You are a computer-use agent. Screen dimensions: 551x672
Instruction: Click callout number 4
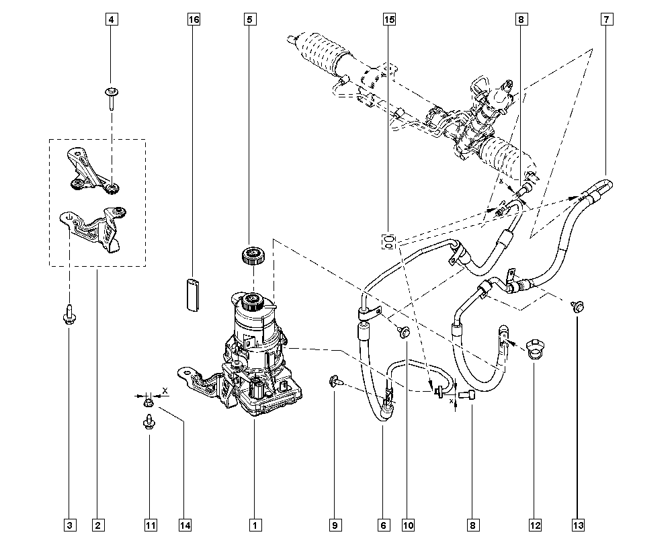click(x=112, y=19)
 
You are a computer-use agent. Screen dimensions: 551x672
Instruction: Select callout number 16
click(x=194, y=19)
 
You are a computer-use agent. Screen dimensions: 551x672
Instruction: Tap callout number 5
click(x=249, y=19)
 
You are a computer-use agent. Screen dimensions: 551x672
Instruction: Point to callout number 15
click(x=389, y=19)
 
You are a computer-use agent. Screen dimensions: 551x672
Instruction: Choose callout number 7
click(x=606, y=19)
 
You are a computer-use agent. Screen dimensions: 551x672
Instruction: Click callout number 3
click(x=69, y=524)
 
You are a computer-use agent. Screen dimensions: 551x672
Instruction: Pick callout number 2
click(x=98, y=524)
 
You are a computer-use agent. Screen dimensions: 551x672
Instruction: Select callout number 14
click(x=182, y=524)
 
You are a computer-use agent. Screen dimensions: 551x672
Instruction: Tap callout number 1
click(x=254, y=524)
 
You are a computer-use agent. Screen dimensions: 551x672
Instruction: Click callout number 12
click(x=535, y=524)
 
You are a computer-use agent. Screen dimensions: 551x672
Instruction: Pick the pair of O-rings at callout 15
click(x=389, y=241)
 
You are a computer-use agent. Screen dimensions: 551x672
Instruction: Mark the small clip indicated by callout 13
click(x=577, y=307)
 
